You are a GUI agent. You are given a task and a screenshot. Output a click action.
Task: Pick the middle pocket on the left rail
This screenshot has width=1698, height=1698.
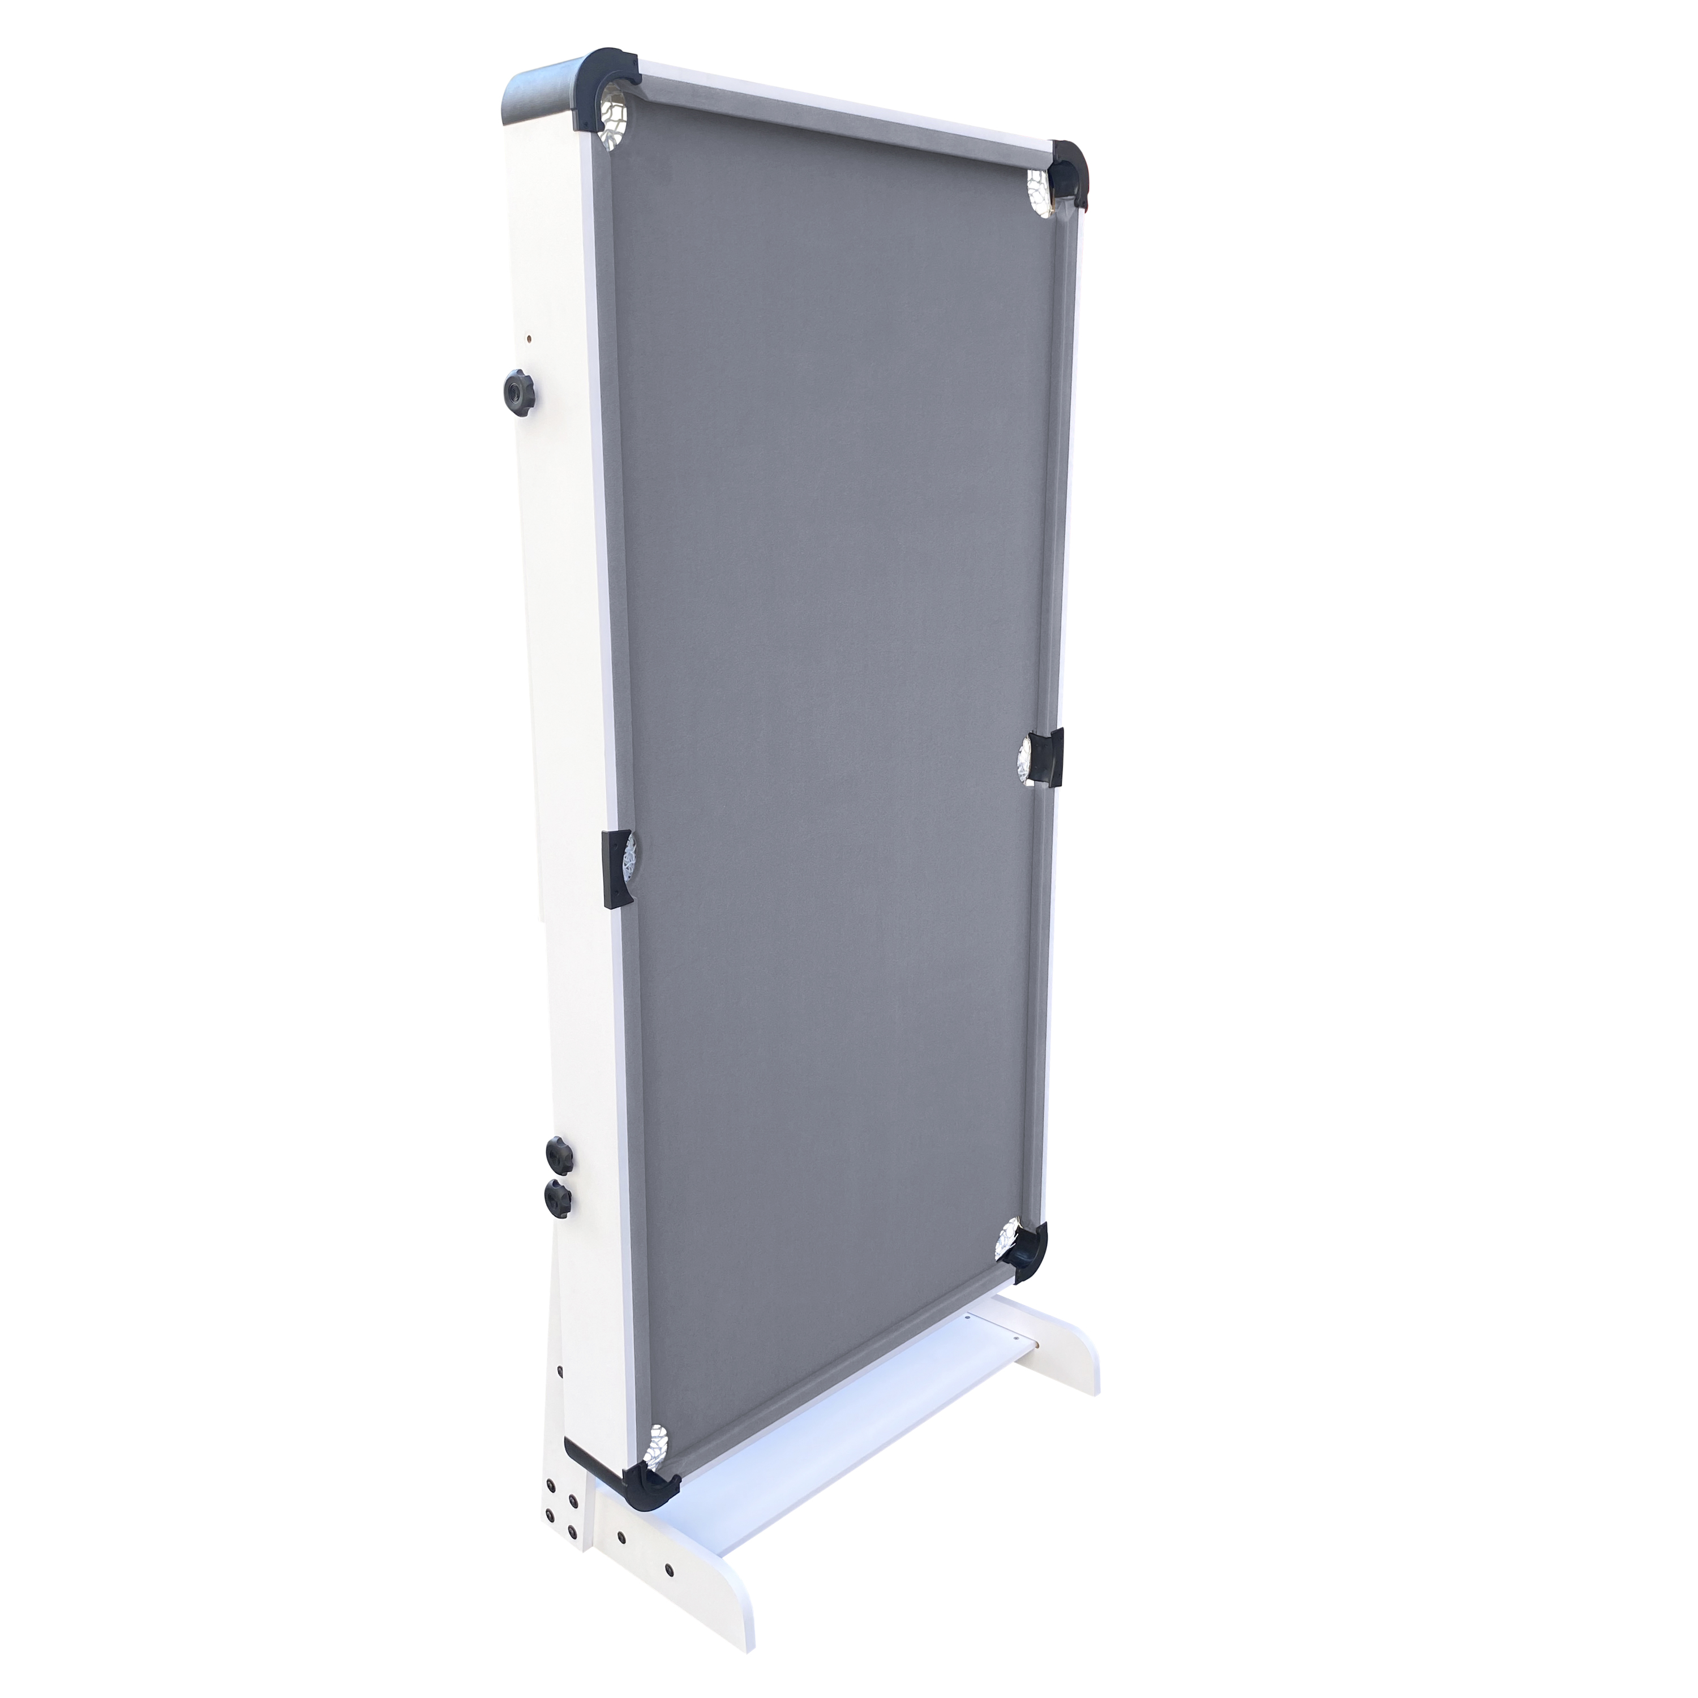620,866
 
